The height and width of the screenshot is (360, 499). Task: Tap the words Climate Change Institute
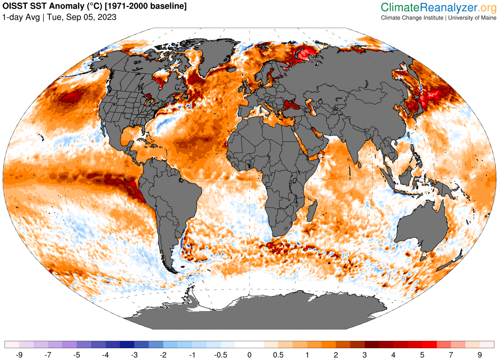click(412, 18)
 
